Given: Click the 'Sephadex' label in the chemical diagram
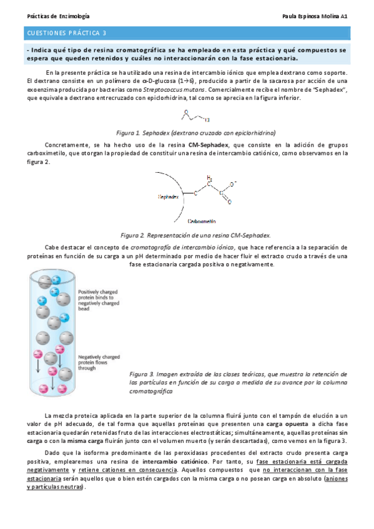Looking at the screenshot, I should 169,197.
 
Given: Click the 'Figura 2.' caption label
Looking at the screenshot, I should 133,235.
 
